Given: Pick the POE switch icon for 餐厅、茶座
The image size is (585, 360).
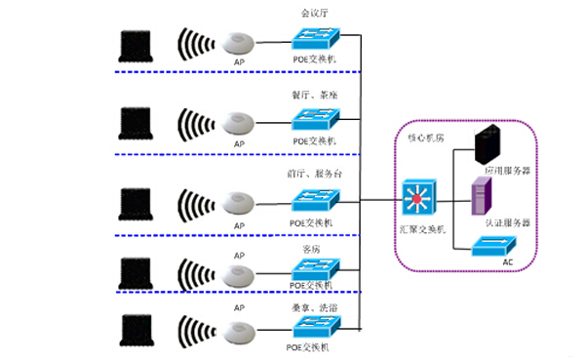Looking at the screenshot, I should click(316, 121).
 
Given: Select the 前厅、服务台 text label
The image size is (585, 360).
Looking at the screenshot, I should click(316, 175).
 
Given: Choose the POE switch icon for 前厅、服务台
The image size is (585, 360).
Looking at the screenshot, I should click(316, 202).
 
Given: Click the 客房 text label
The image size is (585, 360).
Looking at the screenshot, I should click(314, 250).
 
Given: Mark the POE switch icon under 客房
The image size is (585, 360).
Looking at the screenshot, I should click(316, 268).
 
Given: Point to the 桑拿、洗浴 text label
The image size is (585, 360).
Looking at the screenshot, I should click(316, 307).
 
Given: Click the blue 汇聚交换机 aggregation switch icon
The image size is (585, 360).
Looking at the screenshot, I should click(420, 201).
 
